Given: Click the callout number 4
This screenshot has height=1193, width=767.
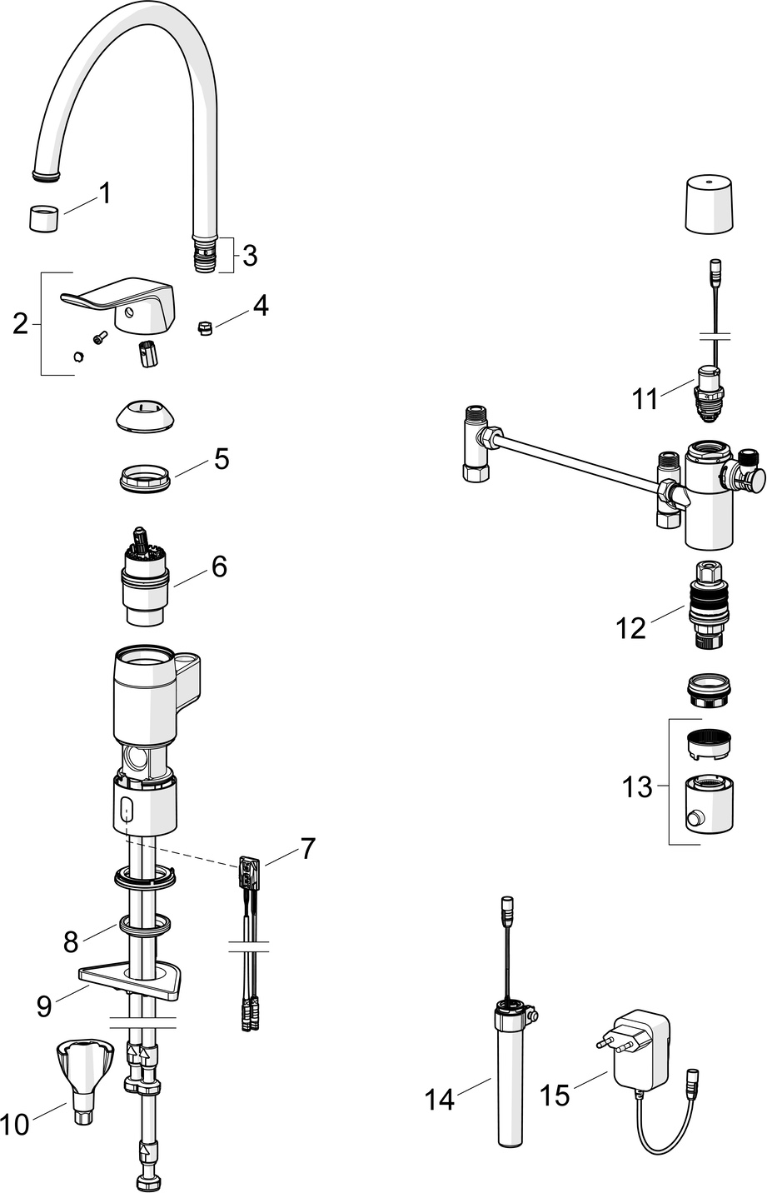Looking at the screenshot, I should [261, 306].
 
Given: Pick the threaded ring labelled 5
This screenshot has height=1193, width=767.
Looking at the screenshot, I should [144, 480].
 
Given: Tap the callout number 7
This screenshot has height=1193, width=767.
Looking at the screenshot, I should [308, 849].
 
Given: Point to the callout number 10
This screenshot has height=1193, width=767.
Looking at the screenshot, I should [14, 1124].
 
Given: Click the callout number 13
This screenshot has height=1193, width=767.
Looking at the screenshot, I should [638, 786].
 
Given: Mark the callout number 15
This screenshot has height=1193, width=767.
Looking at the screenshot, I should [555, 1095].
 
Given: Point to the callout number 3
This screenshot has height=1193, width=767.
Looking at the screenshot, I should [250, 256].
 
